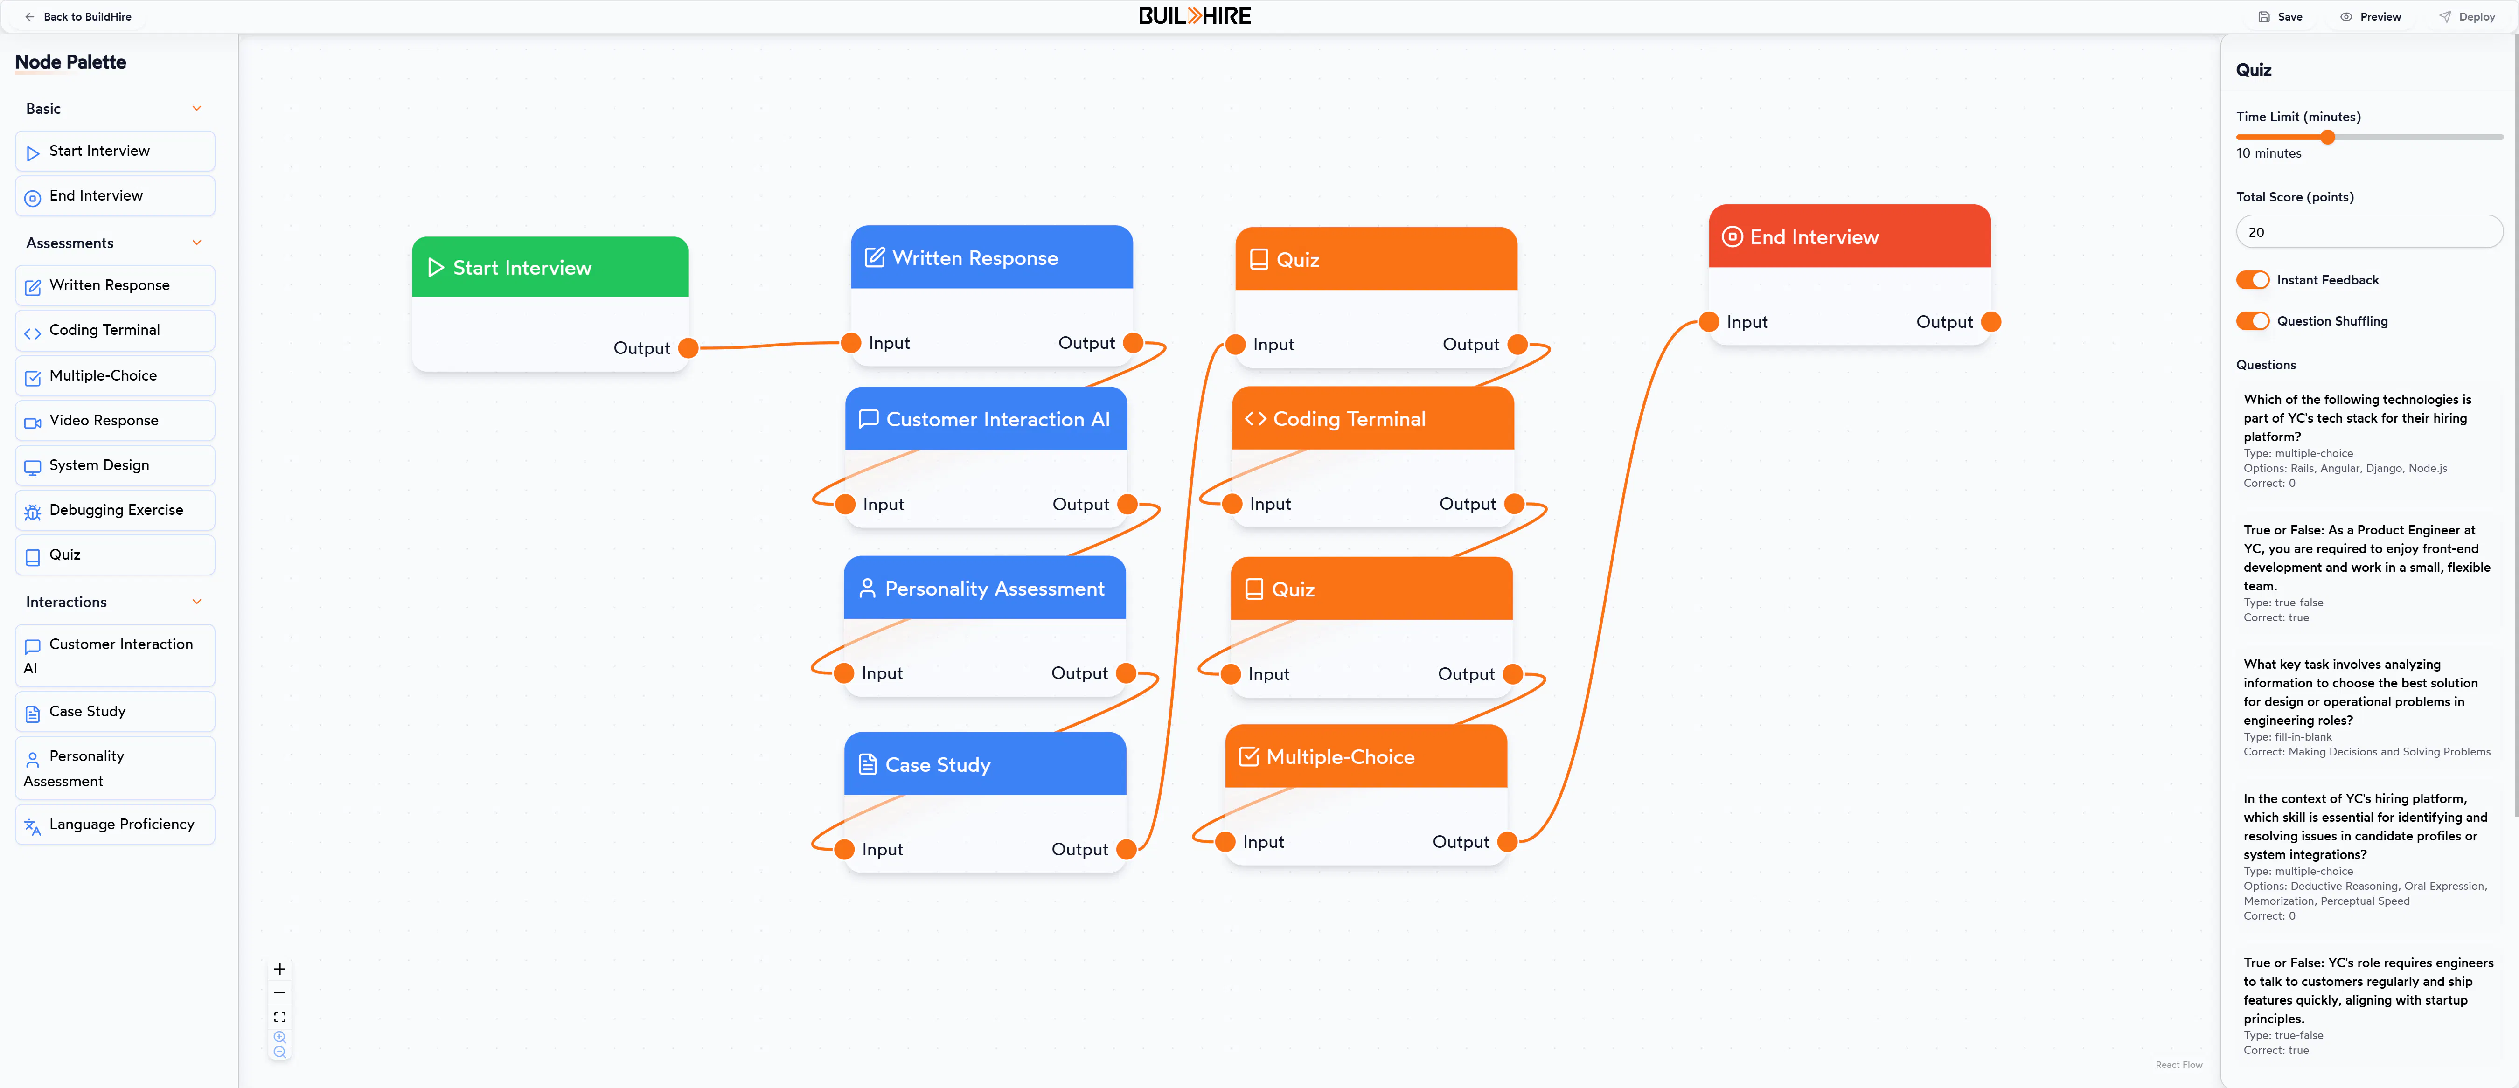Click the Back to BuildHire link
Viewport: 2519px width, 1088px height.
click(78, 17)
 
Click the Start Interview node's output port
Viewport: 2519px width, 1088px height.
click(689, 348)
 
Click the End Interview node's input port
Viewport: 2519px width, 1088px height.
click(1709, 322)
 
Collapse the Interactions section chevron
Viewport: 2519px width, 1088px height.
click(196, 602)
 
